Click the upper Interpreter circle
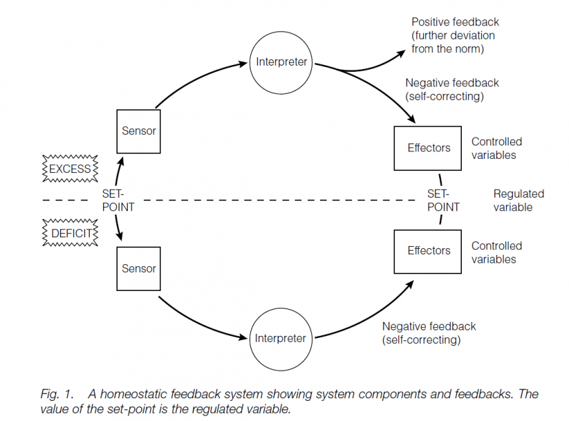281,62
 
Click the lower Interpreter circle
281,338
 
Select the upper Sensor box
139,131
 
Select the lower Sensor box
139,268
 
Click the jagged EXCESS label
70,169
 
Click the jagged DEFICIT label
70,233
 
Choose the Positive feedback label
453,35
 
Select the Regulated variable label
518,200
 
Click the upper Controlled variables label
497,148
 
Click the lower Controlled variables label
497,252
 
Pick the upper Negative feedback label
452,89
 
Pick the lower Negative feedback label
428,333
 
